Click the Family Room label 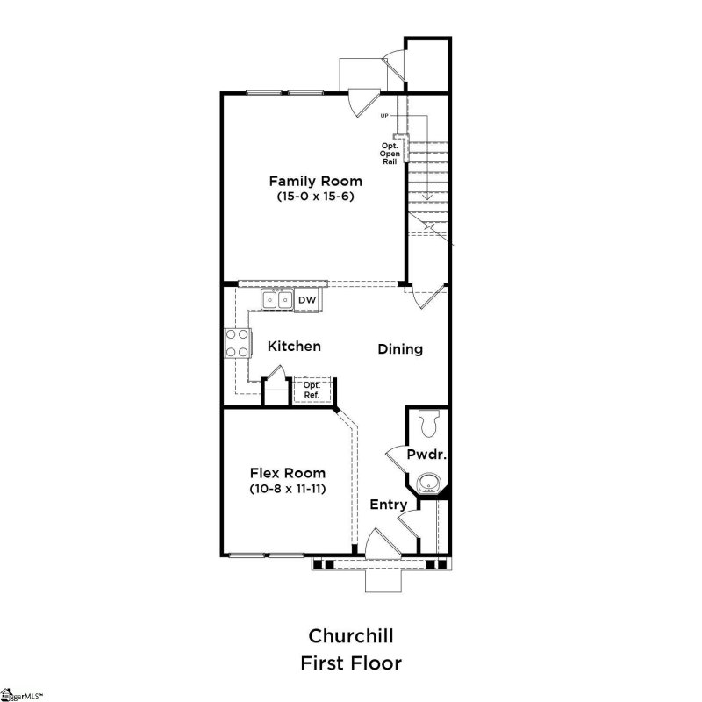click(315, 181)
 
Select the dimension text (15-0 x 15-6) click(315, 197)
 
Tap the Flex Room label click(288, 473)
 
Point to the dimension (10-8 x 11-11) click(288, 489)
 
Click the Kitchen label click(294, 347)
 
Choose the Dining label click(400, 349)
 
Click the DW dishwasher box click(306, 300)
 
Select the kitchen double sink click(278, 300)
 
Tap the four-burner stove click(236, 341)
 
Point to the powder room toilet click(429, 424)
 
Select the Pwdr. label click(428, 455)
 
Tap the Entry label click(388, 505)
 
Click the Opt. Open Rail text click(390, 154)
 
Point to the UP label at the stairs click(384, 116)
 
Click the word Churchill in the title click(350, 634)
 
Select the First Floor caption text click(350, 663)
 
